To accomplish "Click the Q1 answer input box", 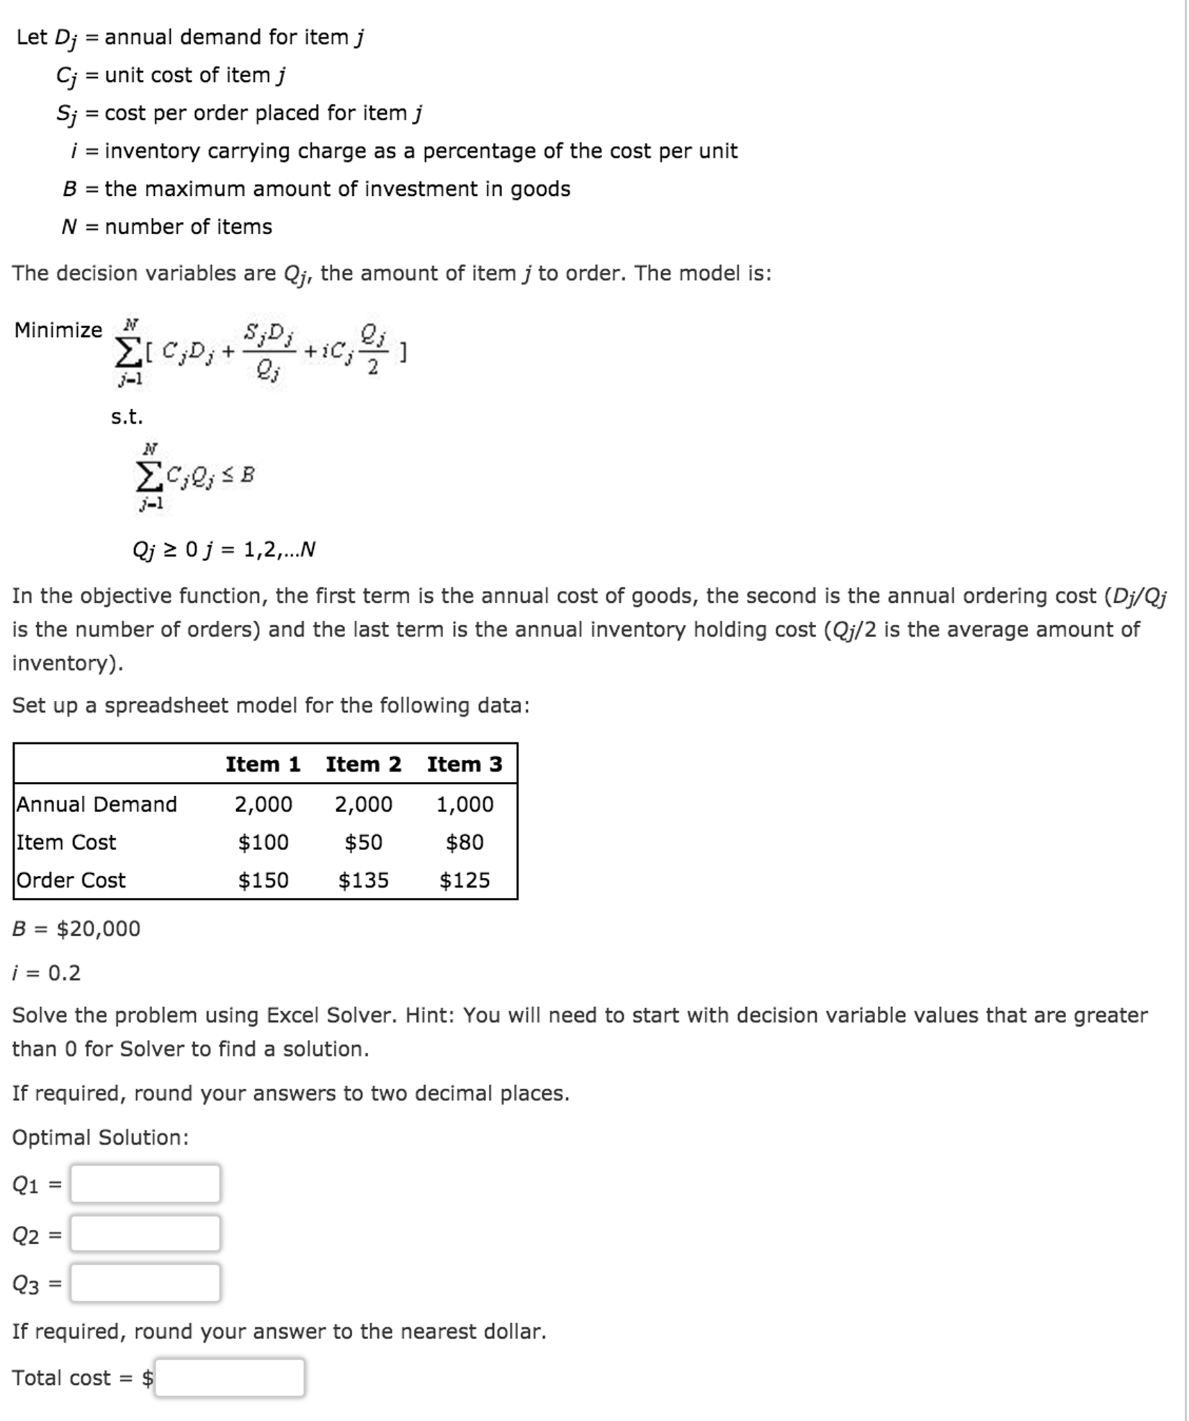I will (145, 1183).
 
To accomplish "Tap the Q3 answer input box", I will (145, 1282).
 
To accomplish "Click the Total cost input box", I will (229, 1377).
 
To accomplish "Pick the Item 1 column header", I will (263, 764).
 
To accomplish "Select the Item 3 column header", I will (464, 764).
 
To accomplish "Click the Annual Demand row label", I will (97, 804).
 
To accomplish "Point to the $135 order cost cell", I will (363, 880).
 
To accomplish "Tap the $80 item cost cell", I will (464, 842).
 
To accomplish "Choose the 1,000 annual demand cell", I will (464, 804).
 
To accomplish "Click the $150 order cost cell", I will (263, 880).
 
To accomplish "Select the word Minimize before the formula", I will (58, 330).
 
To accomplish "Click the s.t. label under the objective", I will (126, 417).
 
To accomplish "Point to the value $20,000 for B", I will (98, 929).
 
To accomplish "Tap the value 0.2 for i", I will (64, 972).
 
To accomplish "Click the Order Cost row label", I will (71, 880).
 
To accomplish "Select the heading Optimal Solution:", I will (100, 1137).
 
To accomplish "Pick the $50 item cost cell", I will (363, 842).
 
